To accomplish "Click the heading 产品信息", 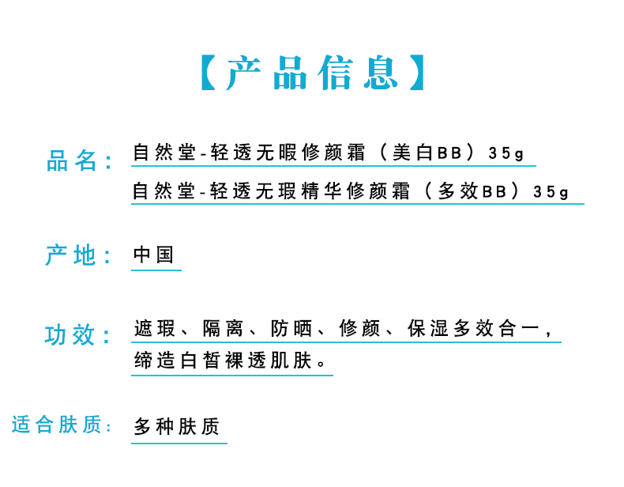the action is click(x=312, y=74).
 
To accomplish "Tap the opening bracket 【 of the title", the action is click(x=207, y=74).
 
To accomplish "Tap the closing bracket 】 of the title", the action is click(x=416, y=74).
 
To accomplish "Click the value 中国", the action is click(x=154, y=255).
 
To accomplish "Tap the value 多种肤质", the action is click(x=176, y=427).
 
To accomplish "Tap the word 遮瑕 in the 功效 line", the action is click(x=154, y=328).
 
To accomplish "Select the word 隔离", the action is click(x=223, y=328).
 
